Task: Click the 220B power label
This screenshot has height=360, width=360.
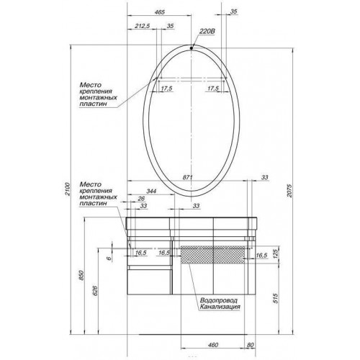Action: point(207,32)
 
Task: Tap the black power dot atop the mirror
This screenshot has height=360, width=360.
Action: point(192,48)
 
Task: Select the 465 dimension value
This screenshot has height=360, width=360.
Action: point(160,12)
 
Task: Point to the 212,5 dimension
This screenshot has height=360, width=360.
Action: point(142,26)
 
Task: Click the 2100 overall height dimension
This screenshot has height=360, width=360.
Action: point(68,189)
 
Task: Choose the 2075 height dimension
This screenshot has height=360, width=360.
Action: point(289,191)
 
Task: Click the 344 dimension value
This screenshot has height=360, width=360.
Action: point(151,191)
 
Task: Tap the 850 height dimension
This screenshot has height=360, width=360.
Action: point(81,275)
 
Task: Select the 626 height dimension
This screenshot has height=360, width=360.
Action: point(95,290)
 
